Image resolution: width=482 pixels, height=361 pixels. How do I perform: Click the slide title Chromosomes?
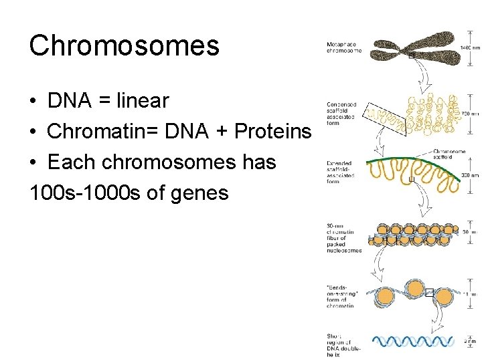[x=124, y=45]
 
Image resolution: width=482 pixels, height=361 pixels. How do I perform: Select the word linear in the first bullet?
[x=143, y=101]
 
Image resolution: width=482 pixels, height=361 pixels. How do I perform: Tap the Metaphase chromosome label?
[x=344, y=47]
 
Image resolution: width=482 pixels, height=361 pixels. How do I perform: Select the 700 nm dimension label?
[x=469, y=114]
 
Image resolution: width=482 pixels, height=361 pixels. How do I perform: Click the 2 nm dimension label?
[x=470, y=342]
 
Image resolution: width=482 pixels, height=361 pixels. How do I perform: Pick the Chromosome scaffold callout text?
[x=449, y=154]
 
